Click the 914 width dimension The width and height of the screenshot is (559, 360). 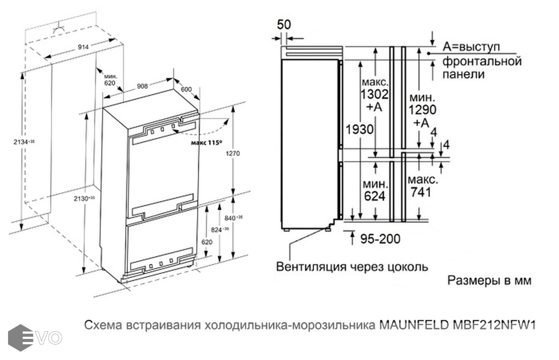(83, 47)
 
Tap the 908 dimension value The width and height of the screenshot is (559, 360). (142, 86)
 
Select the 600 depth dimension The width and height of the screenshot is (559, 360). (186, 89)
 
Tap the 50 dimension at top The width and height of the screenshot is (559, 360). (284, 24)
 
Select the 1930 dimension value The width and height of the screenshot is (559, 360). (360, 129)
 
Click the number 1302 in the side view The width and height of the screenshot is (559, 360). (374, 94)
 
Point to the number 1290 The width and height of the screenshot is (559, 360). (422, 109)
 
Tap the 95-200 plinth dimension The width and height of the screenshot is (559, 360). (380, 239)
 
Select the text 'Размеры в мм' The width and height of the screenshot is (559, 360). (489, 280)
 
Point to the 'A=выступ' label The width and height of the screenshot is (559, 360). (471, 47)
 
